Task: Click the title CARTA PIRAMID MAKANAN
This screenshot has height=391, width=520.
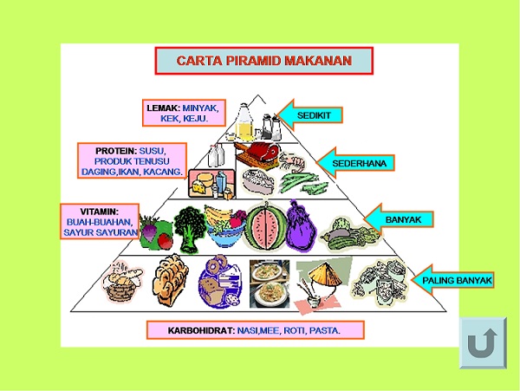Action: (x=264, y=61)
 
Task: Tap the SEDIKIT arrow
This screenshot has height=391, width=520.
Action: (x=309, y=115)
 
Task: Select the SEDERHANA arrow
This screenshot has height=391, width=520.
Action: (x=355, y=163)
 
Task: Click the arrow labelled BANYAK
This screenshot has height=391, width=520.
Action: (x=399, y=219)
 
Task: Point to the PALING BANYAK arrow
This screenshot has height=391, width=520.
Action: (x=452, y=280)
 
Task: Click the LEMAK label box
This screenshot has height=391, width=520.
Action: (x=184, y=113)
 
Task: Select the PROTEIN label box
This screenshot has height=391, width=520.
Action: (x=132, y=161)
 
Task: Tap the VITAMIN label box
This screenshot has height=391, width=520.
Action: (x=100, y=221)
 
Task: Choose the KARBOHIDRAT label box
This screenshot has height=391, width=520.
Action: (x=256, y=330)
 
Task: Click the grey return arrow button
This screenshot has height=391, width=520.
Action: (x=483, y=343)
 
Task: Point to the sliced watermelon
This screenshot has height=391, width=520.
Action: (x=265, y=227)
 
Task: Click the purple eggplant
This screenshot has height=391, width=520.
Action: (x=301, y=226)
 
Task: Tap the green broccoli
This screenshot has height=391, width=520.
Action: (x=189, y=229)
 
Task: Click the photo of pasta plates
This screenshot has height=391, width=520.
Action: (x=270, y=283)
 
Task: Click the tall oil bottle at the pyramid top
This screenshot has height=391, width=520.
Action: (x=244, y=121)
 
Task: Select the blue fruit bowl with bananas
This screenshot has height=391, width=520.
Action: (x=224, y=226)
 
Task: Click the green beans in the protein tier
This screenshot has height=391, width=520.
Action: (x=302, y=183)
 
